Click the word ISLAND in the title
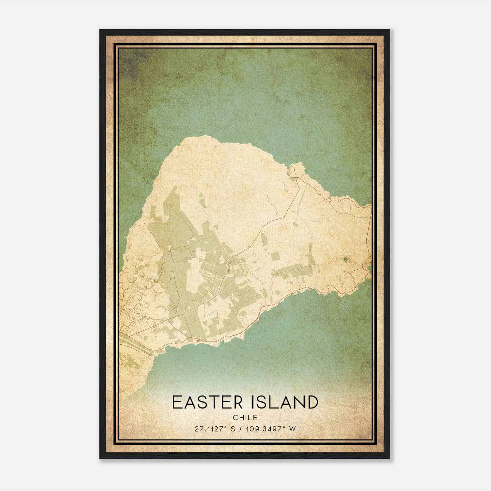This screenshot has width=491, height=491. point(284,402)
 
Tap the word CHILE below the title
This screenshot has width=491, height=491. point(245,418)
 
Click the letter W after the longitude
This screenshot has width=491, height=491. point(293,429)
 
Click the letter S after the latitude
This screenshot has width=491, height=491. point(233,429)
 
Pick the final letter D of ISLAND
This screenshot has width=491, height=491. point(311,402)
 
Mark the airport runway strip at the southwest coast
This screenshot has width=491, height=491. point(135,345)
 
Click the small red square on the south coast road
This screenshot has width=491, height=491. point(198,340)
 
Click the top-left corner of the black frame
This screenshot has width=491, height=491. point(100,30)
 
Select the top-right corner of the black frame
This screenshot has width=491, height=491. point(389,30)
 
